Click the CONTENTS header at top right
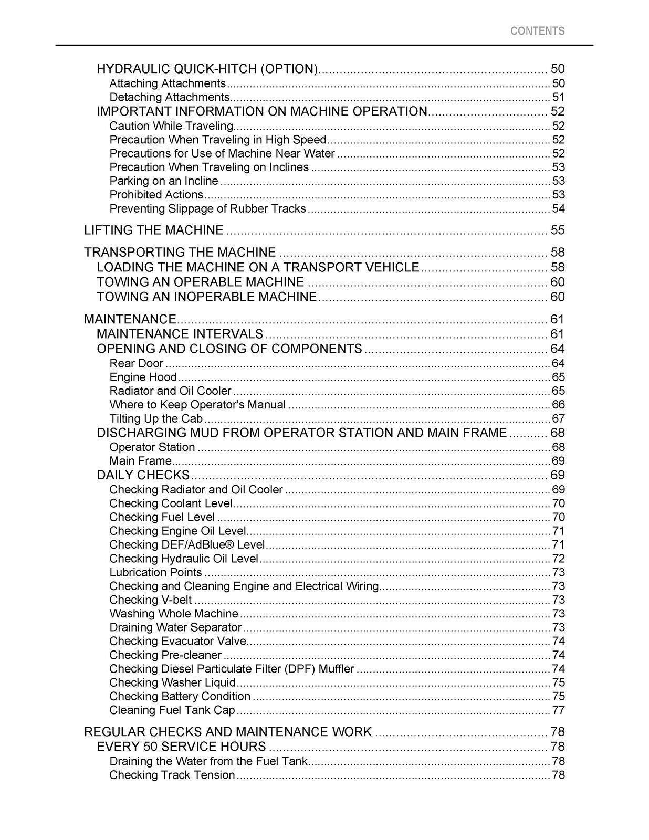coord(537,31)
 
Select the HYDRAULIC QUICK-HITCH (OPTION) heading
coord(207,69)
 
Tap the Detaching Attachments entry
coord(170,97)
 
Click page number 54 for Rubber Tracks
coord(558,208)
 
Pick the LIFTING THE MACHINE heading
coord(154,230)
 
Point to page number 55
coord(557,230)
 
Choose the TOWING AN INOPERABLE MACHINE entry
coord(207,297)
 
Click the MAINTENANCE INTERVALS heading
coord(180,334)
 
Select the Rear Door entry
coord(137,363)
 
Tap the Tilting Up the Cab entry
coord(156,418)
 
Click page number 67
coord(558,418)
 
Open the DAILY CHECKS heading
coord(143,475)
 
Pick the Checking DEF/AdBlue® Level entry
coord(187,545)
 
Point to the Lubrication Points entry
coord(156,572)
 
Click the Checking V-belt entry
coord(151,600)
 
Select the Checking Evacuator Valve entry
coord(178,641)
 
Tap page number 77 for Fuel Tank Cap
coord(558,710)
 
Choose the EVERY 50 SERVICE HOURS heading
coord(182,747)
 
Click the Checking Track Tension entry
coord(172,775)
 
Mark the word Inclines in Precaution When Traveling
coord(288,167)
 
